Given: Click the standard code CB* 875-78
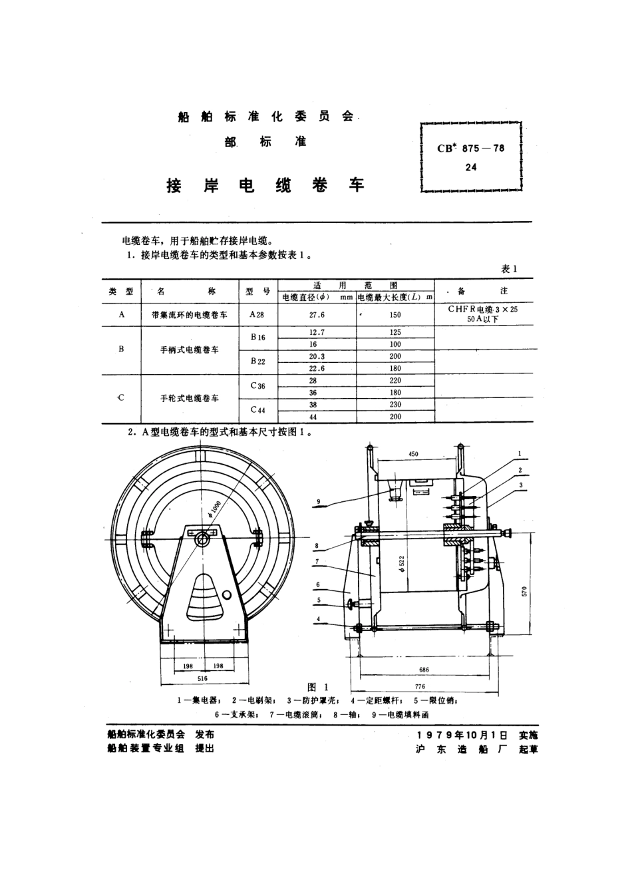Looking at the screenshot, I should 470,148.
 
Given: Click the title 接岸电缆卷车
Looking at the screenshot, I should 265,186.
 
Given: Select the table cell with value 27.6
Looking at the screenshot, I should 317,315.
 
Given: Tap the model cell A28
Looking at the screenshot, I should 257,315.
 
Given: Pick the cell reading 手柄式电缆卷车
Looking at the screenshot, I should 190,349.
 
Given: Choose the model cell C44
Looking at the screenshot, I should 257,410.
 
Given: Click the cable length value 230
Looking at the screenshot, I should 395,405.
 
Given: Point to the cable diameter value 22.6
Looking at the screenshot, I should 317,368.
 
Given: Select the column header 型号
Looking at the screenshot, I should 257,291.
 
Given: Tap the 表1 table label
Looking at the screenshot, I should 509,269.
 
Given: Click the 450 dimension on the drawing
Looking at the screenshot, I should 413,455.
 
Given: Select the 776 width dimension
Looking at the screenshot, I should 420,686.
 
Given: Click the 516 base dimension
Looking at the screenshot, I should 202,678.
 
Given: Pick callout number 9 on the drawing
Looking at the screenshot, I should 319,501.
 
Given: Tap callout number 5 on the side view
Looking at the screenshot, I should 319,600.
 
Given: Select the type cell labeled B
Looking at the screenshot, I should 121,348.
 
